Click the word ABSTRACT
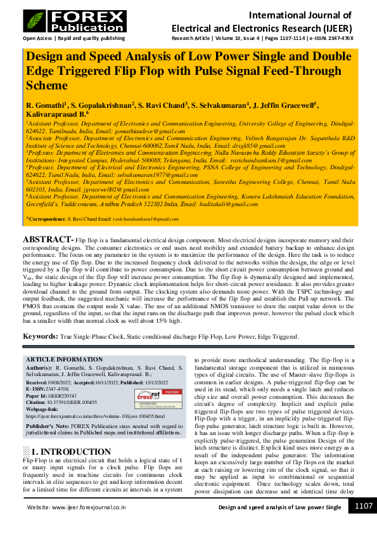point(48,239)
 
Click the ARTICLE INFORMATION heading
point(63,359)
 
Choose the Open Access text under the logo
point(38,38)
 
